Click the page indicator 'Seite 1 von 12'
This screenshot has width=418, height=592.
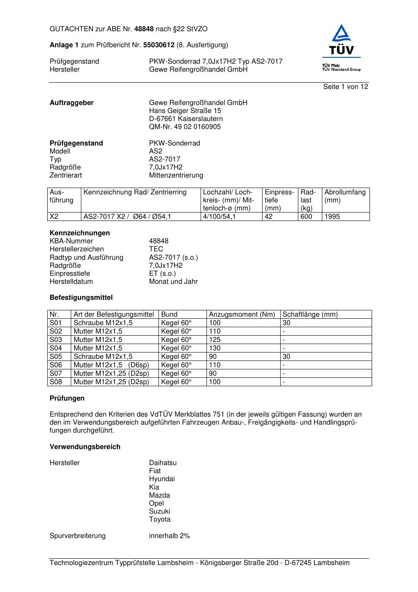tap(346, 87)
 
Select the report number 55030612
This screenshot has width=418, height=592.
tap(159, 45)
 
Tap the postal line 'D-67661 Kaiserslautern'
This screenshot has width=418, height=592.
tap(186, 119)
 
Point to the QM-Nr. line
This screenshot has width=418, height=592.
tap(185, 127)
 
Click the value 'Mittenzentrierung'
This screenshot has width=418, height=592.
tap(176, 175)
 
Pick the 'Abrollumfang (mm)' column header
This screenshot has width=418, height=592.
tap(345, 196)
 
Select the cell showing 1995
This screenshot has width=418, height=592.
tap(332, 217)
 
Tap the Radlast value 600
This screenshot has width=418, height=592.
tap(306, 217)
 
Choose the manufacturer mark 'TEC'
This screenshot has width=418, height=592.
tap(156, 249)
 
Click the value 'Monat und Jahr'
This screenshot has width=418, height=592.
tap(173, 282)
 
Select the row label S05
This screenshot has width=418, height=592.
tap(56, 357)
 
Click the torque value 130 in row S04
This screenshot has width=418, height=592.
tap(215, 348)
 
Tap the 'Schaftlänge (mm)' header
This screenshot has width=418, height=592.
tap(310, 315)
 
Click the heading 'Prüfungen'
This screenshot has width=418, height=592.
tap(67, 398)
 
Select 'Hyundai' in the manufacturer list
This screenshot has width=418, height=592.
tap(162, 479)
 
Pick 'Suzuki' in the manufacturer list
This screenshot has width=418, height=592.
tap(159, 511)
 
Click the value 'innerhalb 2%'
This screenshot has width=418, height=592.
tap(169, 536)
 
